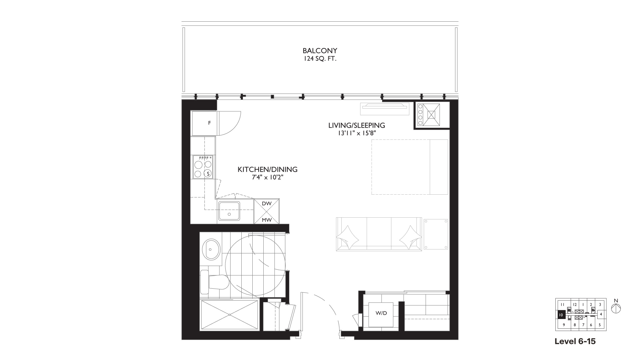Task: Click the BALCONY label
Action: [x=320, y=51]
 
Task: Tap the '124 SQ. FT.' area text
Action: [x=320, y=59]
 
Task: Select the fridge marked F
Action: [x=204, y=123]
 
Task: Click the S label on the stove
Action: [x=208, y=174]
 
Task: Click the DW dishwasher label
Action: [x=266, y=203]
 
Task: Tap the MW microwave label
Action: [x=266, y=220]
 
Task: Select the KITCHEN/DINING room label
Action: [x=267, y=169]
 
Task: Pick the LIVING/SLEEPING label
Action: [x=357, y=125]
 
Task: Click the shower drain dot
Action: [x=230, y=315]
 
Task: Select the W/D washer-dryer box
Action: [x=381, y=313]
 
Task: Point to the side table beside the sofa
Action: [x=436, y=234]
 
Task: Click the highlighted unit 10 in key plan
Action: [x=561, y=315]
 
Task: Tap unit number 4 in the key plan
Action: [x=601, y=314]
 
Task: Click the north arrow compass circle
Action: [x=616, y=308]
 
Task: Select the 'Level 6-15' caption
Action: [x=575, y=341]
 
